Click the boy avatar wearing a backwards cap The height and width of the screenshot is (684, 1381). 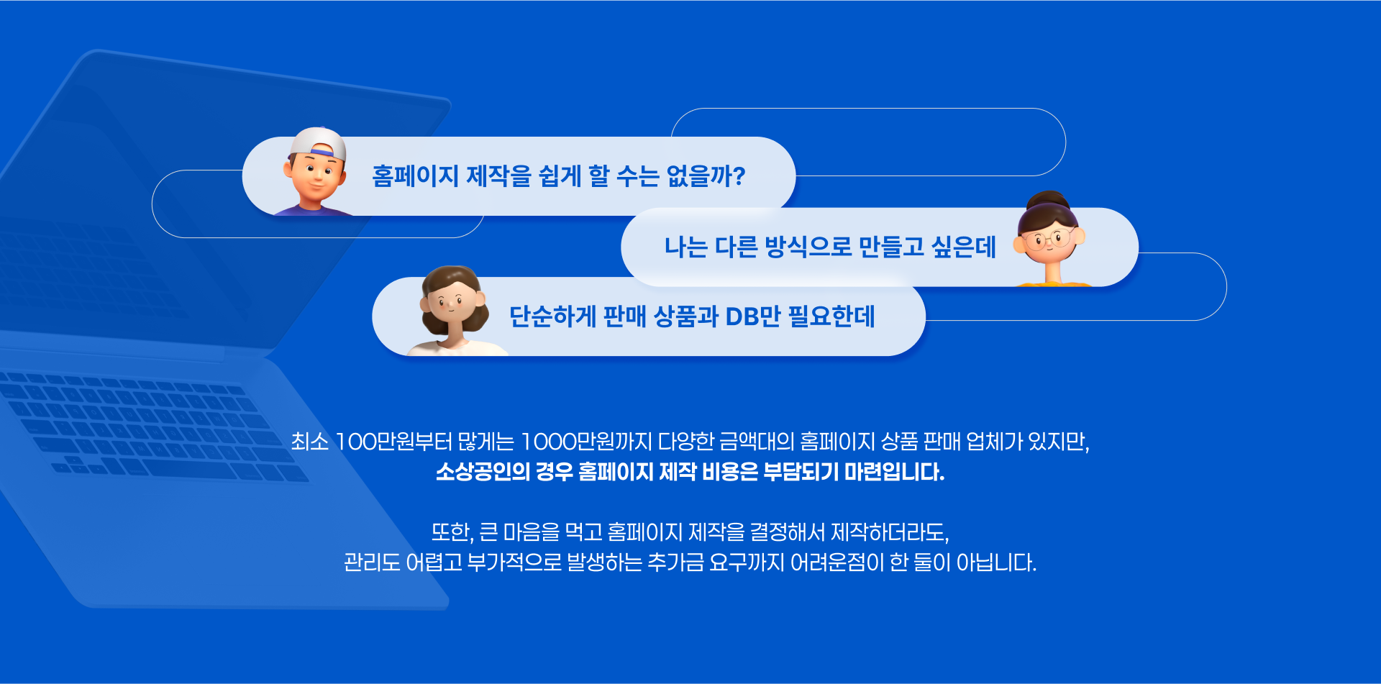click(314, 173)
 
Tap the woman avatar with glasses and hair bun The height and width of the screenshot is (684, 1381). click(1051, 240)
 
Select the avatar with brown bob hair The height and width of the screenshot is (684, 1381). click(454, 311)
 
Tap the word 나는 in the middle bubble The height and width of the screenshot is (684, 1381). click(685, 247)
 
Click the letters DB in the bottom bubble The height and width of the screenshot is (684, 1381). click(742, 316)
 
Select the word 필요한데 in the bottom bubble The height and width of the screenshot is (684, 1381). click(831, 316)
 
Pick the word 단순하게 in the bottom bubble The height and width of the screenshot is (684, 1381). click(552, 316)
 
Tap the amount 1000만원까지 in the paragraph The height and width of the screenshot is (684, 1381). click(586, 442)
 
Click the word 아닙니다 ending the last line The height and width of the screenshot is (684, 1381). click(995, 562)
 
